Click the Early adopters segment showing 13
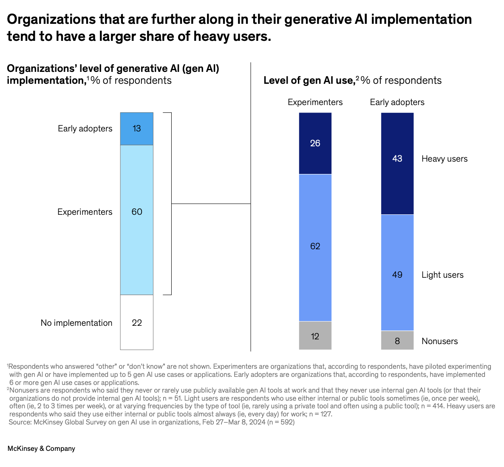point(136,128)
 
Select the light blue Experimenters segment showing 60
point(136,219)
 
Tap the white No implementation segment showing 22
point(136,322)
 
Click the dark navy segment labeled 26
point(315,143)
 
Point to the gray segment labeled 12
point(315,336)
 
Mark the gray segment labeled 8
point(397,340)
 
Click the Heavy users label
point(444,159)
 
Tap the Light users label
point(442,275)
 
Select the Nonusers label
point(439,341)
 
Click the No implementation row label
point(76,323)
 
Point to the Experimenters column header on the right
point(315,102)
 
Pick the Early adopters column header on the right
point(397,102)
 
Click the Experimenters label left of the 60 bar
point(85,212)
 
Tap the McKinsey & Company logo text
point(41,448)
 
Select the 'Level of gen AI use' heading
point(309,80)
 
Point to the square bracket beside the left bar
point(170,204)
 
